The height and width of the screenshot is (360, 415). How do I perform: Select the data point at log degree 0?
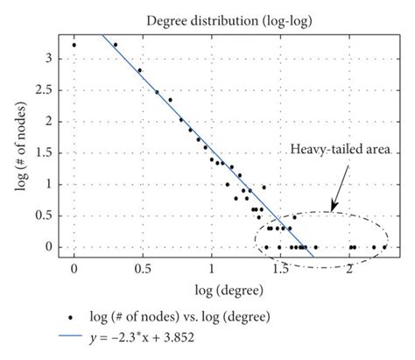pos(74,45)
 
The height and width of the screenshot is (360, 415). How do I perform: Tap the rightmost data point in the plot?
pos(384,247)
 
